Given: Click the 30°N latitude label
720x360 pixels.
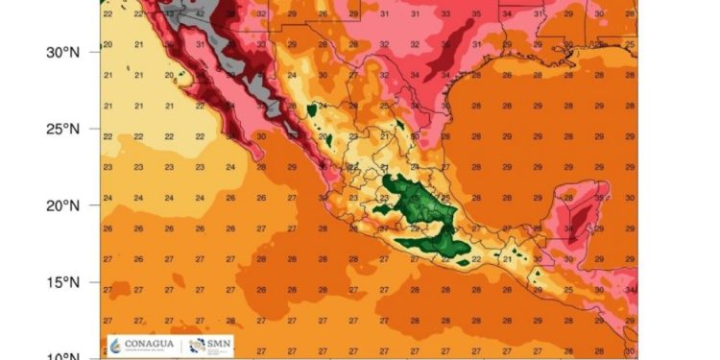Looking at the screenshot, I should click(x=60, y=52).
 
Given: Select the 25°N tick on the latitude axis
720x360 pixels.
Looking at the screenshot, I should click(x=60, y=129).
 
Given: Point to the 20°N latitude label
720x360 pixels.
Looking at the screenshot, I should click(x=60, y=205).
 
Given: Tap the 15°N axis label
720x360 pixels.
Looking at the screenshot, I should click(x=60, y=282).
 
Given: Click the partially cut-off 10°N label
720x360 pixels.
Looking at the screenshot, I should click(x=60, y=355).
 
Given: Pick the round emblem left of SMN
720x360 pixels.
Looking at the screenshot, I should click(x=197, y=344).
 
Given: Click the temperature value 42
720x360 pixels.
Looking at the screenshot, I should click(x=200, y=15).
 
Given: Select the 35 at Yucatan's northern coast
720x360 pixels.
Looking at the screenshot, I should click(x=598, y=198).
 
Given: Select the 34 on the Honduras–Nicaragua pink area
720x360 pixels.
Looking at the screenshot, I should click(x=629, y=289).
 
